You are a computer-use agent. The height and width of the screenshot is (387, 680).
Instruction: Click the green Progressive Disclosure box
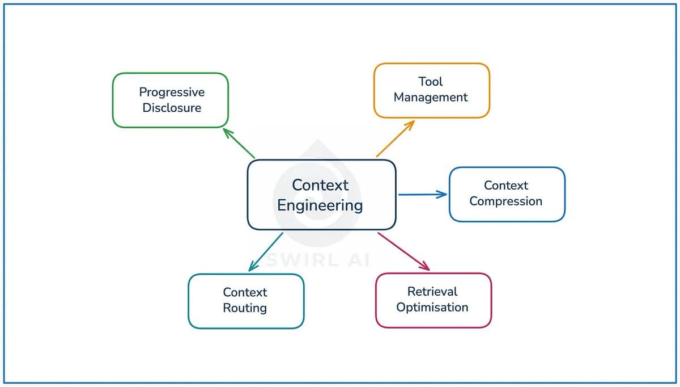coord(170,100)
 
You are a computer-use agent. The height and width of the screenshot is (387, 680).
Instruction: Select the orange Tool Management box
coord(431,90)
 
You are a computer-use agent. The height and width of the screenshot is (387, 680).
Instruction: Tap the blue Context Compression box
coord(507,194)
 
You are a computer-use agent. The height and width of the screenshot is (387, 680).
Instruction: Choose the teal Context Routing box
coord(245,301)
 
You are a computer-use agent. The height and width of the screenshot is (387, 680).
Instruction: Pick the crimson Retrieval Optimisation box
coord(433,300)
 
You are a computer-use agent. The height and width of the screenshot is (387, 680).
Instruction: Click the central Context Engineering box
coord(321,195)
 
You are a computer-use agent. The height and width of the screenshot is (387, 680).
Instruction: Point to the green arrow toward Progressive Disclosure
coord(239,143)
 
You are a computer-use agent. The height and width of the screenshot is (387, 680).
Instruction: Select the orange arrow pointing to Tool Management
coord(396,138)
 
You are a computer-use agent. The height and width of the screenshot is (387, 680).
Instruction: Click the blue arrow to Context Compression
coord(422,195)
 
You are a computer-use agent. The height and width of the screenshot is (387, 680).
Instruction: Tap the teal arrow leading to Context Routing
coord(266,251)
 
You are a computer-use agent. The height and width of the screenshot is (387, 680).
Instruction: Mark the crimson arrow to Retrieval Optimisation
coord(403,251)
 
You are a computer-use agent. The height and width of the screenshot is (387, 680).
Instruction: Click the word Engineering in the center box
coord(320,205)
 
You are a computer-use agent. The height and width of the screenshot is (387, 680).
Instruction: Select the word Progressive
coord(172,92)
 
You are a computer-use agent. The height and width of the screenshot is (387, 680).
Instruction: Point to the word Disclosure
coord(172,108)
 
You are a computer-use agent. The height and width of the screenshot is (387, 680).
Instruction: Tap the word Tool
coord(431,82)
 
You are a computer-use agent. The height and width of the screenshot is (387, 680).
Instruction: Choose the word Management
coord(431,98)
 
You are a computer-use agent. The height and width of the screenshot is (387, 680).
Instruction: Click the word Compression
coord(505,201)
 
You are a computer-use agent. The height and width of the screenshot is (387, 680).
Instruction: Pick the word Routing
coord(245,308)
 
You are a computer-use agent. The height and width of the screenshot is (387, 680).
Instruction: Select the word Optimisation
coord(432,308)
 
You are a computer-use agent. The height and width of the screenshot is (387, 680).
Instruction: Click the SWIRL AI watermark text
coord(318,260)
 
